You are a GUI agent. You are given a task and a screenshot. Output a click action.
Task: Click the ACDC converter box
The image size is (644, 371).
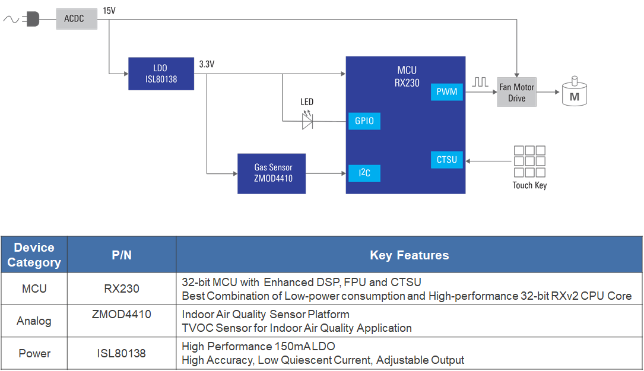pyautogui.click(x=77, y=19)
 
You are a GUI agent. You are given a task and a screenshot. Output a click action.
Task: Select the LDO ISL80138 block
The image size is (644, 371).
pyautogui.click(x=161, y=74)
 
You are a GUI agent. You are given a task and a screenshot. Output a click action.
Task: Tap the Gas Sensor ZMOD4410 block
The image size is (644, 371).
pyautogui.click(x=271, y=173)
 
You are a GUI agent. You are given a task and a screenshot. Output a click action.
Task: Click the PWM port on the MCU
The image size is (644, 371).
pyautogui.click(x=446, y=92)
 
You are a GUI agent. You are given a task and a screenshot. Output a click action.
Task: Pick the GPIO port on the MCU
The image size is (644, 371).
pyautogui.click(x=364, y=121)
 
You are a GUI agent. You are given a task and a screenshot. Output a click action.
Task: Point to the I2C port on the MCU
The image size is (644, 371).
pyautogui.click(x=364, y=173)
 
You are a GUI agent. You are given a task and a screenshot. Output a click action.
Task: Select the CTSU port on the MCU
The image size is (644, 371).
pyautogui.click(x=446, y=160)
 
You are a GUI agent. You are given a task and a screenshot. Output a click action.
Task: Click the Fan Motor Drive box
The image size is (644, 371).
pyautogui.click(x=516, y=92)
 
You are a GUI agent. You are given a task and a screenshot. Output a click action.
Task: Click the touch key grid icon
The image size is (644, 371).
pyautogui.click(x=529, y=161)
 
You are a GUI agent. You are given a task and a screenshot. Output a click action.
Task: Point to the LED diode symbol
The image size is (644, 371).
pyautogui.click(x=307, y=121)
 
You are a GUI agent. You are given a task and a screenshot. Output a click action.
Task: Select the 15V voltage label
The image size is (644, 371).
pyautogui.click(x=109, y=11)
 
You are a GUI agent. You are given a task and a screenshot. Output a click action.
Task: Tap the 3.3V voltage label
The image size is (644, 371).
pyautogui.click(x=207, y=64)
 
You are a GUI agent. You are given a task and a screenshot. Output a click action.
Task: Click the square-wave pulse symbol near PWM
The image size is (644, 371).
pyautogui.click(x=480, y=83)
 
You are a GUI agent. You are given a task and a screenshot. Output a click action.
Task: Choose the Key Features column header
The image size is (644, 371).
pyautogui.click(x=409, y=255)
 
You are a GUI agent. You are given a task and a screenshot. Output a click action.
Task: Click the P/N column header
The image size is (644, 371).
pyautogui.click(x=122, y=255)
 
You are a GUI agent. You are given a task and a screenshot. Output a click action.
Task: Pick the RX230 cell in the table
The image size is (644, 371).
pyautogui.click(x=122, y=289)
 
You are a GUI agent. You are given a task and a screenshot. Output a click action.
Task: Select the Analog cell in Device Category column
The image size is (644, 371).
pyautogui.click(x=34, y=321)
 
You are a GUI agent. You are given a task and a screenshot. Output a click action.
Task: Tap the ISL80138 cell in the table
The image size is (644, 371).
pyautogui.click(x=122, y=354)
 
